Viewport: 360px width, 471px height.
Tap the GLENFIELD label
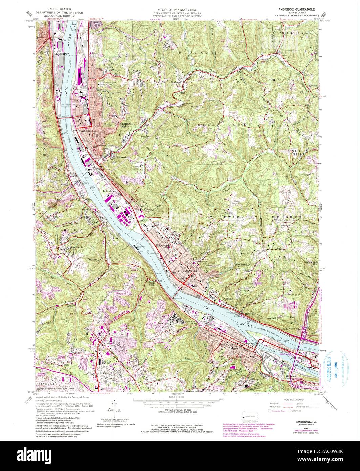pos(293,329)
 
